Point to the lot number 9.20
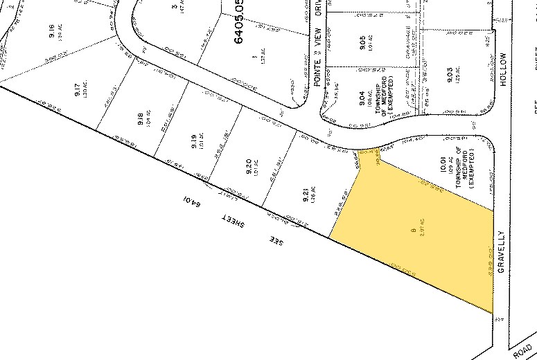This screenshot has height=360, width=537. tap(248, 165)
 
